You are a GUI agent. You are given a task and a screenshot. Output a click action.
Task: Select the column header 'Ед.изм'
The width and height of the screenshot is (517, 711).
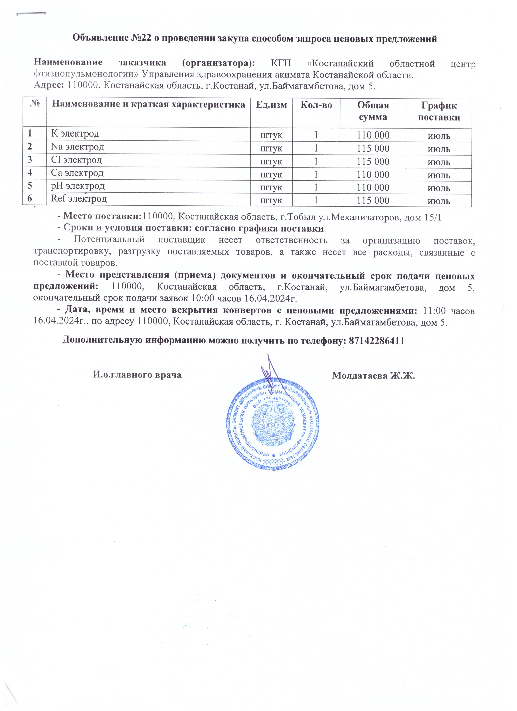click(271, 105)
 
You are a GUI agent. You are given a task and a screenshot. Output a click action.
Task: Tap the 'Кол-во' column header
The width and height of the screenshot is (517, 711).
click(316, 105)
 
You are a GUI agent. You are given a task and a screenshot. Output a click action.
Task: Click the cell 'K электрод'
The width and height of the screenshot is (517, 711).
click(75, 134)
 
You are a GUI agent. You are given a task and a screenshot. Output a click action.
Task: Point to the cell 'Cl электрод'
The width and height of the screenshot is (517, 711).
click(77, 160)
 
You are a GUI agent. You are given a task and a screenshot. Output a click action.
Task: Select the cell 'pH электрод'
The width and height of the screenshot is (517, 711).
click(78, 186)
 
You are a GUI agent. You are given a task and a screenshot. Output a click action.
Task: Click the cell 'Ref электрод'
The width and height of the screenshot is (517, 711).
click(79, 199)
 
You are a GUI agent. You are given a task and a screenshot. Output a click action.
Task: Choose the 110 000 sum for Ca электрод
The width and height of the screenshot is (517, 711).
click(373, 175)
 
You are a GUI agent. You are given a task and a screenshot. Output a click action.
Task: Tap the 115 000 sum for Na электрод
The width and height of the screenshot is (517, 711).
click(373, 149)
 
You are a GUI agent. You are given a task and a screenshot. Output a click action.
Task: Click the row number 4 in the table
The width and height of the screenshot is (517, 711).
click(30, 173)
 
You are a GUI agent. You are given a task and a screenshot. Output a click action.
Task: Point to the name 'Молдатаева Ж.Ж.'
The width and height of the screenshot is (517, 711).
click(373, 375)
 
